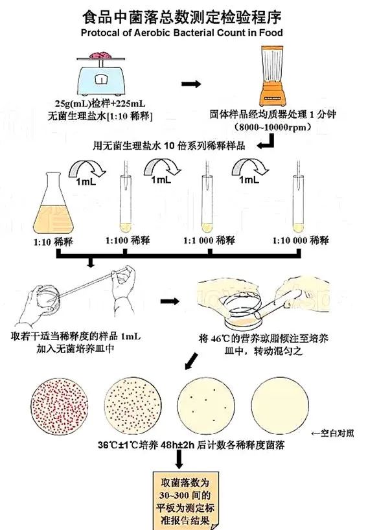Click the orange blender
click(x=272, y=76)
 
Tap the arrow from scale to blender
click(x=191, y=84)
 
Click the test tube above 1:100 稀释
click(x=126, y=203)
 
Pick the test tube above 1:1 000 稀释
click(x=207, y=203)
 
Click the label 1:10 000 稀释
click(x=301, y=240)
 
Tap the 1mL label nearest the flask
click(x=86, y=181)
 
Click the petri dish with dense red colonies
click(x=60, y=406)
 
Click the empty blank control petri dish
click(x=280, y=406)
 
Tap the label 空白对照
click(x=332, y=433)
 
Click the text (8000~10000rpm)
click(x=272, y=128)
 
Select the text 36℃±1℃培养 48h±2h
click(x=146, y=445)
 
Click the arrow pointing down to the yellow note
click(x=179, y=459)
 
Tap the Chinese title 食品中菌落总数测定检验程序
click(x=182, y=17)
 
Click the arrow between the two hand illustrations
click(x=170, y=301)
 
